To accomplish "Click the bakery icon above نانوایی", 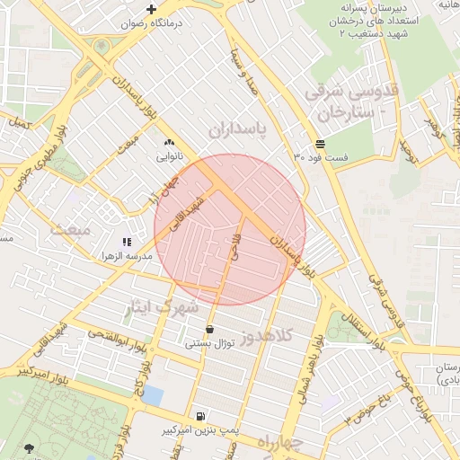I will pos(169,142).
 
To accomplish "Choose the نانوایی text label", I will pos(169,155).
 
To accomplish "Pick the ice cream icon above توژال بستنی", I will pos(209,329).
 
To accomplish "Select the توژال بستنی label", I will pos(209,342).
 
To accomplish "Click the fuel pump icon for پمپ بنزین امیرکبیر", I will pos(198,416).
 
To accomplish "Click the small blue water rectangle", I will pos(154,395).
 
